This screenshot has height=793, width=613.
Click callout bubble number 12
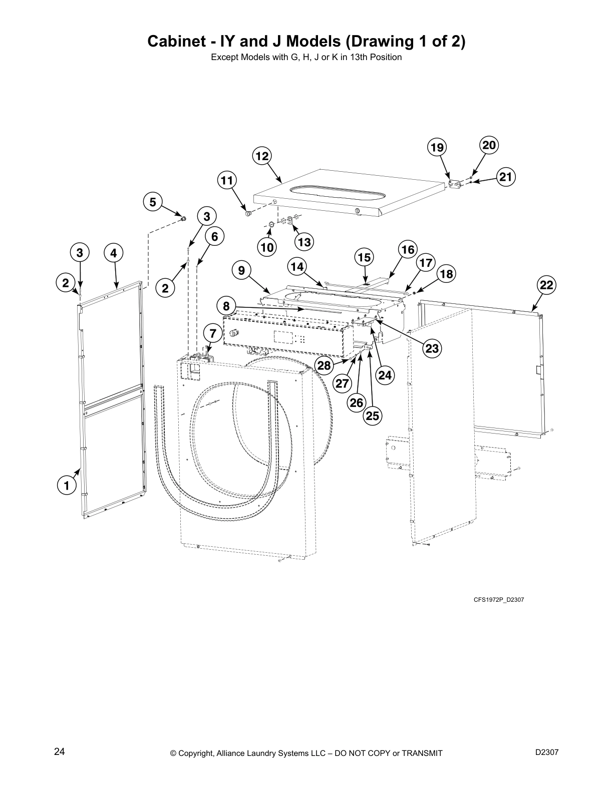[262, 156]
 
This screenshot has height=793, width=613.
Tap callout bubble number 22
[546, 285]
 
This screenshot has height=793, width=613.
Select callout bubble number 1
[66, 485]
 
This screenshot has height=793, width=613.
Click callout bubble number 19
[437, 147]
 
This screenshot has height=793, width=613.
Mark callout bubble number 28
[325, 365]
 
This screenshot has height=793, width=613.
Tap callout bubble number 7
[213, 333]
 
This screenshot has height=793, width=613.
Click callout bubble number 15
[364, 257]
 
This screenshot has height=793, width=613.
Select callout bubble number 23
[432, 348]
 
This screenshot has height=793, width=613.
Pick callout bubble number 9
[242, 271]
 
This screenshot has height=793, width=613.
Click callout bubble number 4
[114, 253]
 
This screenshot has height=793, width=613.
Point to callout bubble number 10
[267, 246]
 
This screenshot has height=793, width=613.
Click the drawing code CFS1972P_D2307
[498, 599]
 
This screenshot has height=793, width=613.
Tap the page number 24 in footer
[59, 751]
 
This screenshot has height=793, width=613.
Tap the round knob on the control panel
[233, 333]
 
